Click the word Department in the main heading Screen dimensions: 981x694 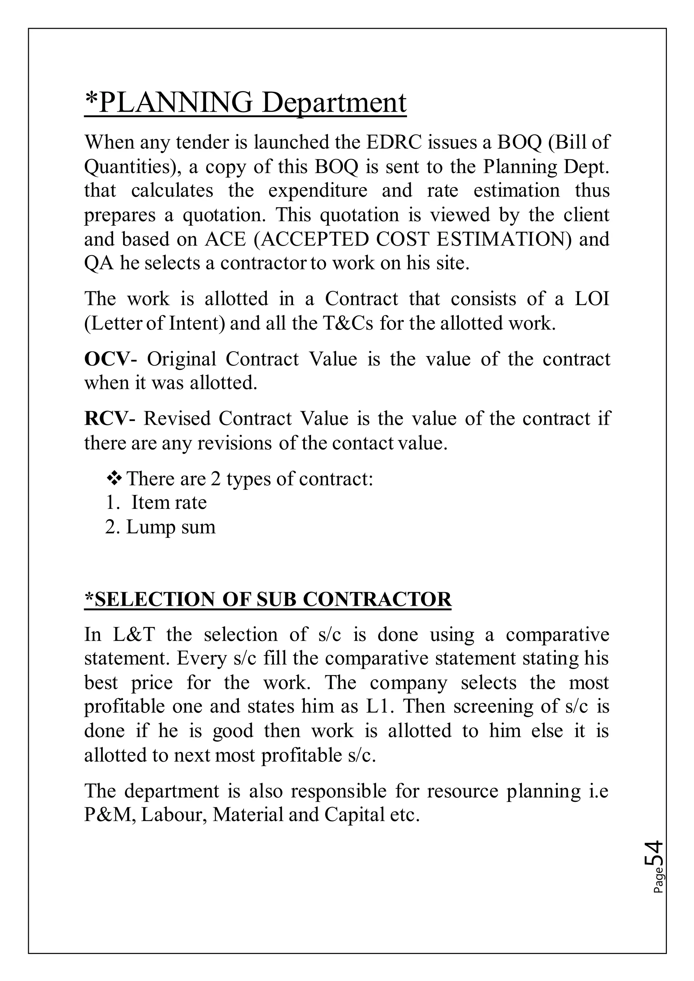pyautogui.click(x=334, y=103)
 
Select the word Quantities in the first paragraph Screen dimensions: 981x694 pyautogui.click(x=127, y=167)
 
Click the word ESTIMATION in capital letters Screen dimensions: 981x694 pyautogui.click(x=504, y=239)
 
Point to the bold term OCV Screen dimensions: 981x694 pyautogui.click(x=106, y=359)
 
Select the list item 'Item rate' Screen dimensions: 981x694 pyautogui.click(x=169, y=502)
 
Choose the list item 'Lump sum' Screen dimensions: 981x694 pyautogui.click(x=170, y=527)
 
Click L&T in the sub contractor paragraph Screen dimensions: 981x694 pyautogui.click(x=134, y=634)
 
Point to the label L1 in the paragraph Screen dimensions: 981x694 pyautogui.click(x=376, y=706)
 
